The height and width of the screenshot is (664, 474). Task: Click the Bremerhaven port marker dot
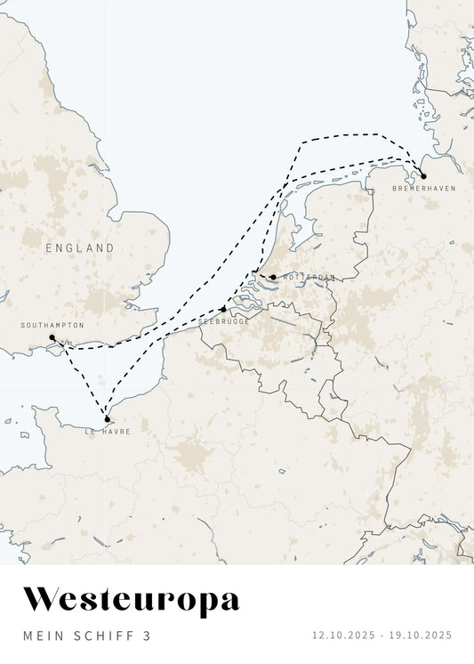423,176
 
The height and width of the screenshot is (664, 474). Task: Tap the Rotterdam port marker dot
273,277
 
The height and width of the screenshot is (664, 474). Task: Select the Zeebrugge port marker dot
222,310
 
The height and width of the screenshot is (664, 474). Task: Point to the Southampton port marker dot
52,337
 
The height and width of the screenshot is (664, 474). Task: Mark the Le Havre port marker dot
107,419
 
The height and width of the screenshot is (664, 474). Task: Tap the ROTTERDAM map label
309,278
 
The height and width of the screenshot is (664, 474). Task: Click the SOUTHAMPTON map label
52,326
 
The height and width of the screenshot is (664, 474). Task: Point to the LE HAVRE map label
108,432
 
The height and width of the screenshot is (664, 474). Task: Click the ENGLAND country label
80,248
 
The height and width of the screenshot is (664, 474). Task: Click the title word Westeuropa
131,600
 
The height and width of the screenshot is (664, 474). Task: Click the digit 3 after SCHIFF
147,636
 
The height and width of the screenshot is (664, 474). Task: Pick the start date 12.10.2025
343,636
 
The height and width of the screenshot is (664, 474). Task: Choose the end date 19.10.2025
421,636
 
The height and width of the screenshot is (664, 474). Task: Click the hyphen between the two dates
382,636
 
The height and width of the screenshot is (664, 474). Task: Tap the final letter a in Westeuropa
229,602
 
